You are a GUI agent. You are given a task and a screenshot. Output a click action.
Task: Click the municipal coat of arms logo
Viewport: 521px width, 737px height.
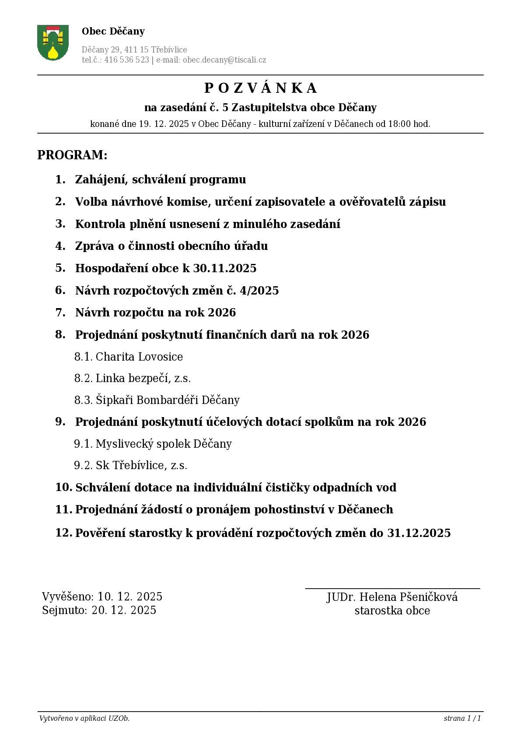point(53,42)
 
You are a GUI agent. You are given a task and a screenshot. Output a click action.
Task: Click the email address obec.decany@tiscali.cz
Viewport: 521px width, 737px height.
point(224,60)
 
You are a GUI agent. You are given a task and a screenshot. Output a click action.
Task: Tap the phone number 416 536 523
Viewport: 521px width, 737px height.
point(126,60)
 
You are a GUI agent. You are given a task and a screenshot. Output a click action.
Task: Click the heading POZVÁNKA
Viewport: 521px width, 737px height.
point(260,88)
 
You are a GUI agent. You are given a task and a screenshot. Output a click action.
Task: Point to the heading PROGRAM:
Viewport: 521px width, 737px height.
point(72,155)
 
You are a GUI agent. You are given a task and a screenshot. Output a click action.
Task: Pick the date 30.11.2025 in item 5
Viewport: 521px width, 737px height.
point(224,268)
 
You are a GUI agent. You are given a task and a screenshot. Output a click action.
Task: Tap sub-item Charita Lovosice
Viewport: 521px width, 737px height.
point(139,357)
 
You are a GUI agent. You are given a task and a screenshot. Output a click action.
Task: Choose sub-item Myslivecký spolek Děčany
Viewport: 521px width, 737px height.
point(164,444)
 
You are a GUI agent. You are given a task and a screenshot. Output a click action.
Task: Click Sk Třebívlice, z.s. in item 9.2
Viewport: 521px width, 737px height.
point(141,465)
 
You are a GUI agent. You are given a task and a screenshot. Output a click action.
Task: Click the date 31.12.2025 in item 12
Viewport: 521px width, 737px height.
point(419,533)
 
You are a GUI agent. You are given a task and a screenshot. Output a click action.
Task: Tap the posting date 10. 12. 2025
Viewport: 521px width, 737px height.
point(129,597)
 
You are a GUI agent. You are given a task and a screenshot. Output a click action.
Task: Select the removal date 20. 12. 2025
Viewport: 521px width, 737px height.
point(123,610)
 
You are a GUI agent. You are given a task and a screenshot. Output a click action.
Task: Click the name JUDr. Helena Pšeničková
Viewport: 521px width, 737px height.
point(392,597)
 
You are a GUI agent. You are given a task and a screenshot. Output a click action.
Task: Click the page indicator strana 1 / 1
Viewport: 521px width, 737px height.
point(462,718)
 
